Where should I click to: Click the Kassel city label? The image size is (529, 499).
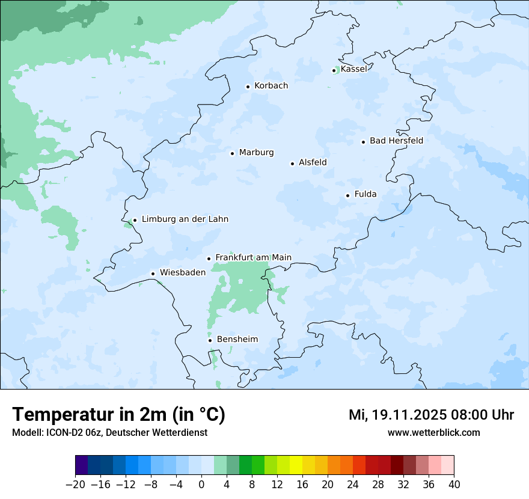pyautogui.click(x=353, y=69)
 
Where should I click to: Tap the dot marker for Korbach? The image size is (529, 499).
pyautogui.click(x=248, y=87)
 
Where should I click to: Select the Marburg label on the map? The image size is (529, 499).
pyautogui.click(x=256, y=153)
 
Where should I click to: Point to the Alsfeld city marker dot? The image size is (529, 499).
pyautogui.click(x=293, y=164)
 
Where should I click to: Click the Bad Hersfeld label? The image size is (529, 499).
pyautogui.click(x=396, y=141)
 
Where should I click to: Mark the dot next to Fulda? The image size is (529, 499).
pyautogui.click(x=347, y=195)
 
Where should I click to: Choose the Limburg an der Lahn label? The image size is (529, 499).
pyautogui.click(x=185, y=219)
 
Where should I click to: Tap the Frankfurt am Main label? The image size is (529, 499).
pyautogui.click(x=253, y=258)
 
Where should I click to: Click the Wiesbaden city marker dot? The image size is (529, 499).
pyautogui.click(x=153, y=274)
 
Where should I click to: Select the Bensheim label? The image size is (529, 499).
pyautogui.click(x=237, y=340)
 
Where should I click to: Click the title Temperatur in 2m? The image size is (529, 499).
pyautogui.click(x=118, y=415)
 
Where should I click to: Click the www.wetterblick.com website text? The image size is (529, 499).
pyautogui.click(x=433, y=433)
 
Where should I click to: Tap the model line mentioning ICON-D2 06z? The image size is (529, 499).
pyautogui.click(x=109, y=433)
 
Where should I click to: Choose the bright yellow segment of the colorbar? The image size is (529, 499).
pyautogui.click(x=296, y=465)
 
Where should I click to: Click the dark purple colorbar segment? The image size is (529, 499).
pyautogui.click(x=82, y=465)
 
